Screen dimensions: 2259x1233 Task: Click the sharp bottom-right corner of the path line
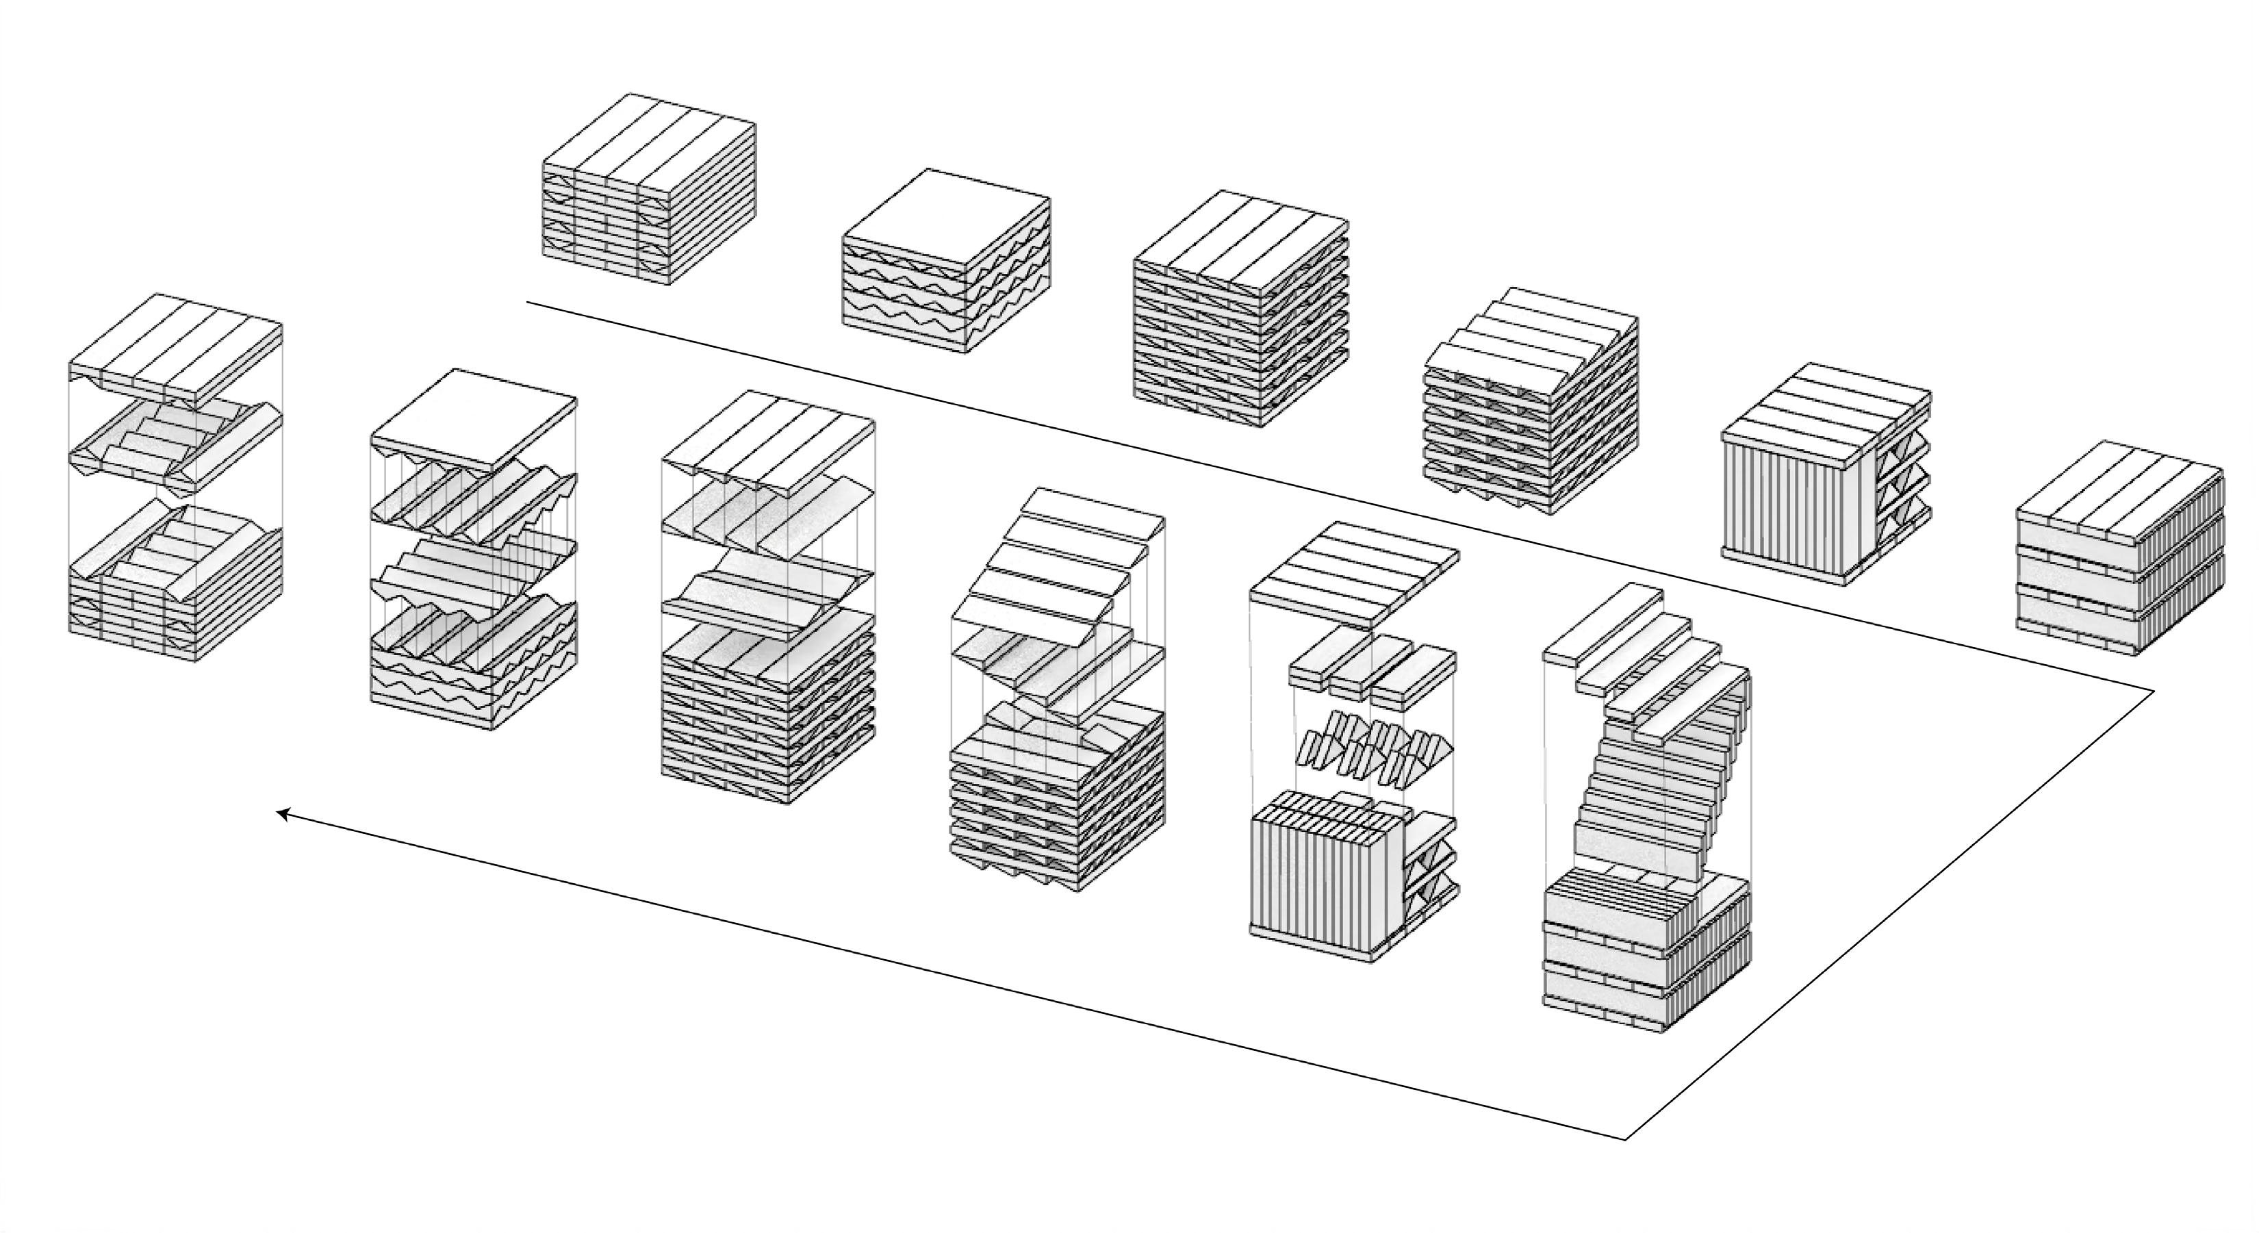(x=1626, y=1139)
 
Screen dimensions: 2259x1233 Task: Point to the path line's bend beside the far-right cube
(x=2154, y=691)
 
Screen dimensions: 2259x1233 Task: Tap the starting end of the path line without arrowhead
(x=527, y=303)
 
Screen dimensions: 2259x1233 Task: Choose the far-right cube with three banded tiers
(x=2119, y=548)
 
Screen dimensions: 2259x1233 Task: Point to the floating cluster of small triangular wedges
(x=1372, y=750)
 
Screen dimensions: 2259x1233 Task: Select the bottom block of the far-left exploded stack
(x=175, y=587)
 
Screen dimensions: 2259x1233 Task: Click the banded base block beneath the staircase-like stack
(x=1644, y=952)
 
